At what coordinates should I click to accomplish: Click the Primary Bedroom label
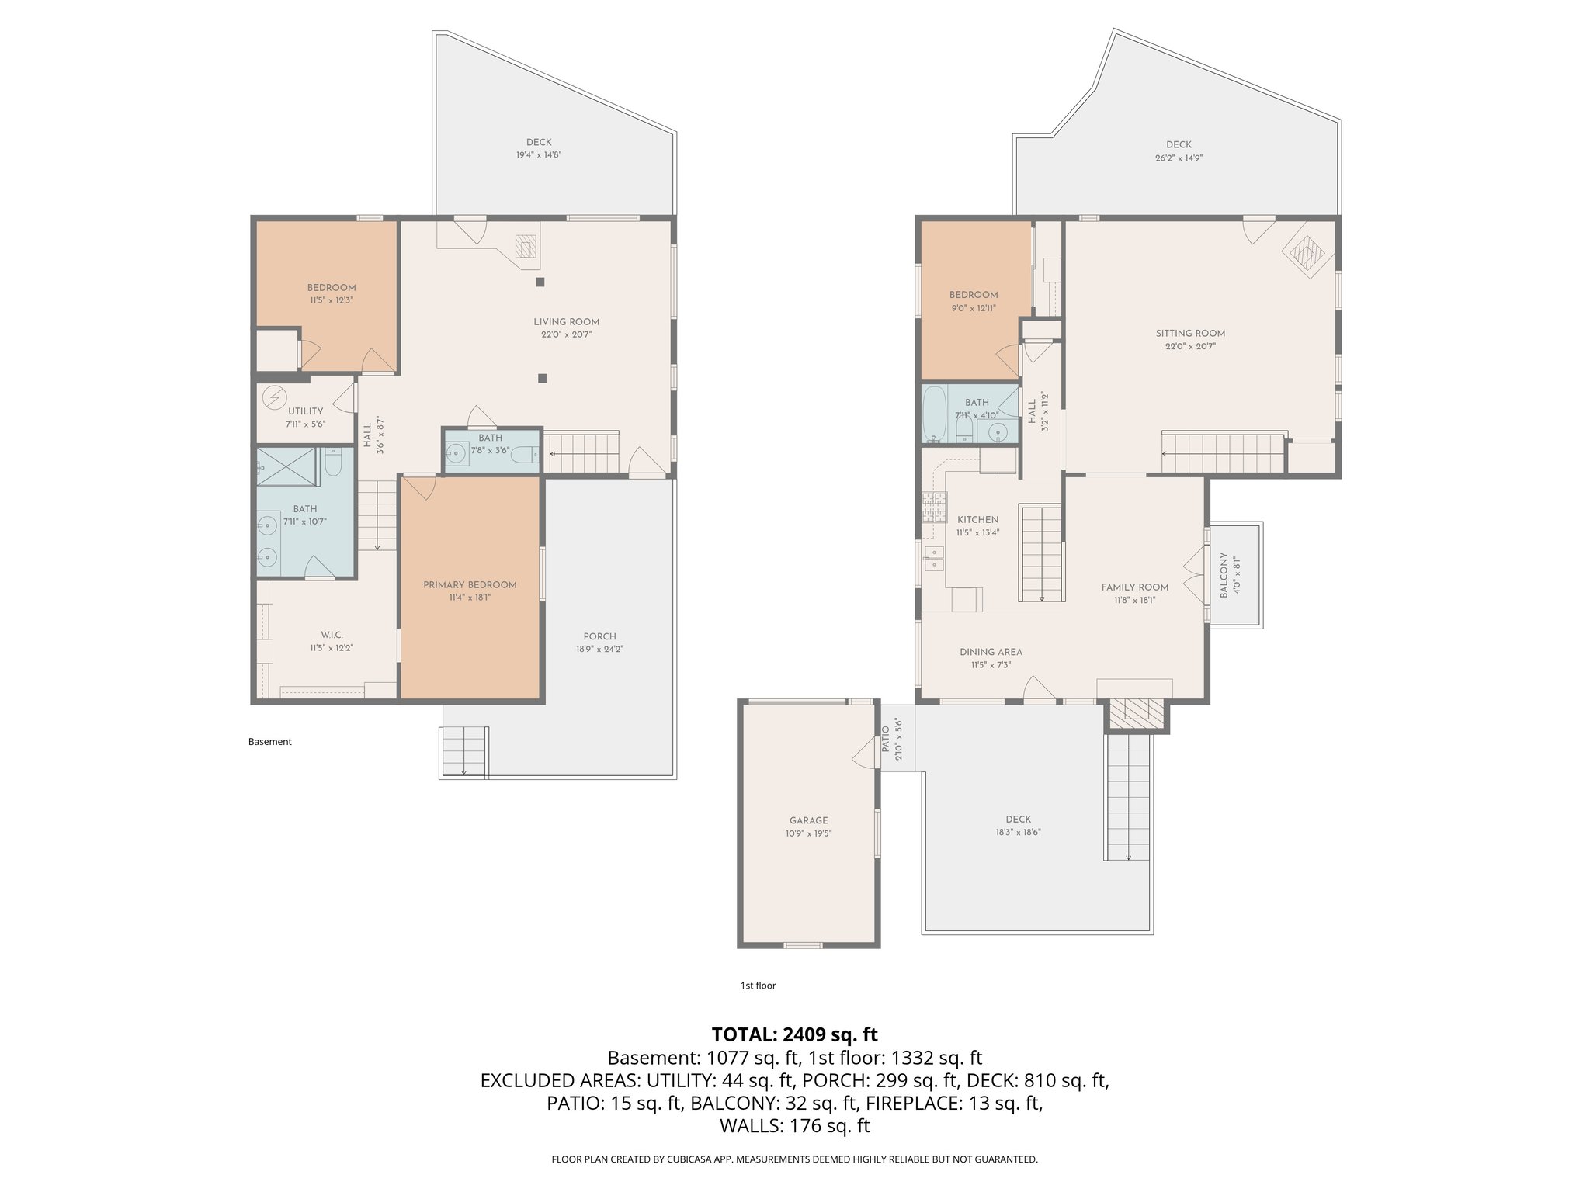tap(470, 584)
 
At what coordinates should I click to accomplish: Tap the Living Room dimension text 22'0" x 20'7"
tap(566, 334)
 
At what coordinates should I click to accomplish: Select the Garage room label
tap(808, 820)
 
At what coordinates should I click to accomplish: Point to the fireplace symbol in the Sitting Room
tap(1309, 253)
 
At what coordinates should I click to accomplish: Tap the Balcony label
tap(1224, 574)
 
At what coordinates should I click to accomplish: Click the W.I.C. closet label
tap(332, 635)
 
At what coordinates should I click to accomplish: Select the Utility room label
tap(305, 411)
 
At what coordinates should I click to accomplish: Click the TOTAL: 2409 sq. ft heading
tap(794, 1034)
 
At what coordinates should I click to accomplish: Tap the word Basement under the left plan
tap(269, 742)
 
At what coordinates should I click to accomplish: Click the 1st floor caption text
tap(758, 986)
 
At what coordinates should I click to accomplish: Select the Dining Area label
tap(991, 652)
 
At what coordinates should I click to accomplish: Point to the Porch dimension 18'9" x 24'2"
tap(599, 649)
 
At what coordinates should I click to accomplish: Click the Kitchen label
tap(977, 520)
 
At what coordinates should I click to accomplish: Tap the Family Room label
tap(1134, 587)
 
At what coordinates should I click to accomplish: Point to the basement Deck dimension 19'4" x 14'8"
tap(538, 154)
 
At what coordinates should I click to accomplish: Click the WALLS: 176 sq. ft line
tap(794, 1126)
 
